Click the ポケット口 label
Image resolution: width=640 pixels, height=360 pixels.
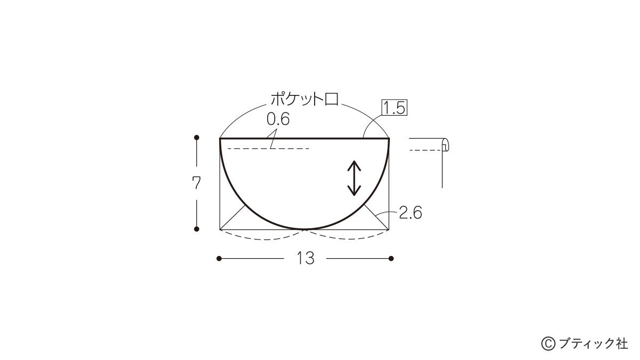305,99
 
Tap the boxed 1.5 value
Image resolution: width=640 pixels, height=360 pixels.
395,108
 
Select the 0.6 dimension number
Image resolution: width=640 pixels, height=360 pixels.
278,119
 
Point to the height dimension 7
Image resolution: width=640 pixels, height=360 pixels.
196,183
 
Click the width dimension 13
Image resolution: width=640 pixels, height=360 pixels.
306,258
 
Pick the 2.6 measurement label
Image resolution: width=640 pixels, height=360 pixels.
410,213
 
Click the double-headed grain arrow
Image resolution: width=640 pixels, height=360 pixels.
354,178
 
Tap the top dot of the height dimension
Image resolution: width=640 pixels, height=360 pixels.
196,138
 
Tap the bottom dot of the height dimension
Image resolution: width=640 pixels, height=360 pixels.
196,229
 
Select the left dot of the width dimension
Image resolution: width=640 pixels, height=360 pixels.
219,259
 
